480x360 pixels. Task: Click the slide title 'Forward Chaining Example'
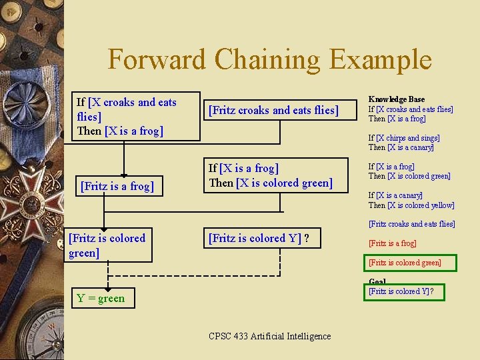point(269,59)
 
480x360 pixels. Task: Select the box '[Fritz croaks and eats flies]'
point(273,110)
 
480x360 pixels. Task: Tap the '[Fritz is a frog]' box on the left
point(117,186)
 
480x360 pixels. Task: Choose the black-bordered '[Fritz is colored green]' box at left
point(109,245)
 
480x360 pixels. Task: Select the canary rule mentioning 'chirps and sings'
point(404,143)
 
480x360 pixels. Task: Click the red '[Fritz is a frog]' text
point(392,243)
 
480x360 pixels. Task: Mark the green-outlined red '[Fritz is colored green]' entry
point(405,263)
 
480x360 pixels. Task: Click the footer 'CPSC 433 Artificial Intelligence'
point(269,336)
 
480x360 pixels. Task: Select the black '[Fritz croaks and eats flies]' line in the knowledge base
point(411,224)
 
